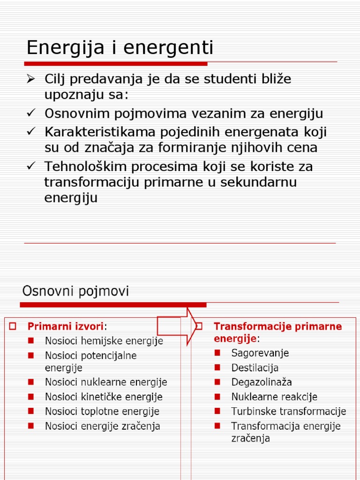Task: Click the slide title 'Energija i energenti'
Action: point(120,48)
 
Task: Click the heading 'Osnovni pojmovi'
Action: point(75,292)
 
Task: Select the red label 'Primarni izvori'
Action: point(66,326)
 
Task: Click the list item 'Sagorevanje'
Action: point(260,353)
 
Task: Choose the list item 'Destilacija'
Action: point(255,367)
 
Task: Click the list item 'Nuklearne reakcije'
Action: point(274,397)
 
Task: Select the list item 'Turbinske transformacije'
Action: point(288,412)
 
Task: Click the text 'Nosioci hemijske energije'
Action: point(104,341)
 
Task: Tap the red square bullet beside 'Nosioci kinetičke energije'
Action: point(31,397)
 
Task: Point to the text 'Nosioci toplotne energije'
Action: point(102,412)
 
